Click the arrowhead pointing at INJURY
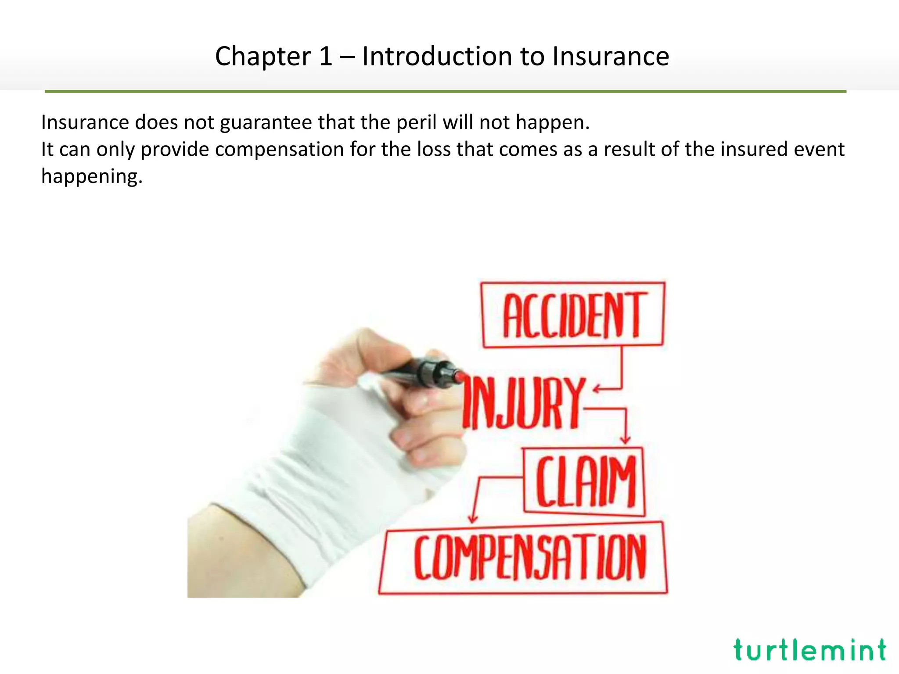pos(597,389)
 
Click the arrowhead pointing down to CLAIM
pos(625,440)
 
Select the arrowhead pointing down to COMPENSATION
pos(472,519)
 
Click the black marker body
pos(421,373)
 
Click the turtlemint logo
pos(809,650)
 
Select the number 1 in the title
pos(326,57)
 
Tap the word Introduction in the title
pos(437,57)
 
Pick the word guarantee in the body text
pos(266,122)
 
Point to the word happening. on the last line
pos(92,176)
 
